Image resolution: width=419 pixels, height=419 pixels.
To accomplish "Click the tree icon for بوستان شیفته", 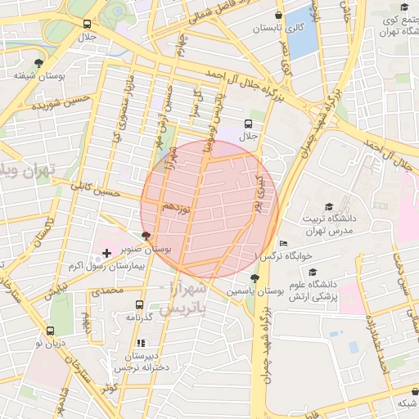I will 38,63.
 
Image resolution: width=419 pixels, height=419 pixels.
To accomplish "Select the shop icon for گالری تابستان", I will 279,15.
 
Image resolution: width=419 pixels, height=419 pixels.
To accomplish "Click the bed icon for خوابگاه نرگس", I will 283,243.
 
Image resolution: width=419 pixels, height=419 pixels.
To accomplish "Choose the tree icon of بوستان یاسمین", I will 256,277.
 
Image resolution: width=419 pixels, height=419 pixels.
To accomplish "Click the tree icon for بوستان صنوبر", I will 146,235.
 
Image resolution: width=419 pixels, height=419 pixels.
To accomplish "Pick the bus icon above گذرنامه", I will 138,304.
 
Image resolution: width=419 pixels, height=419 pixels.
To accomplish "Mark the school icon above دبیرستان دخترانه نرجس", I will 140,344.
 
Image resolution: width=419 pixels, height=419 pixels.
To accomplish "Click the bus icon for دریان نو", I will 51,331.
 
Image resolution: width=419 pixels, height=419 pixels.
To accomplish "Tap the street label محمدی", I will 106,291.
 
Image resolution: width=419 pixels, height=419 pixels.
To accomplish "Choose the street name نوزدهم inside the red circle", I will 175,208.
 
